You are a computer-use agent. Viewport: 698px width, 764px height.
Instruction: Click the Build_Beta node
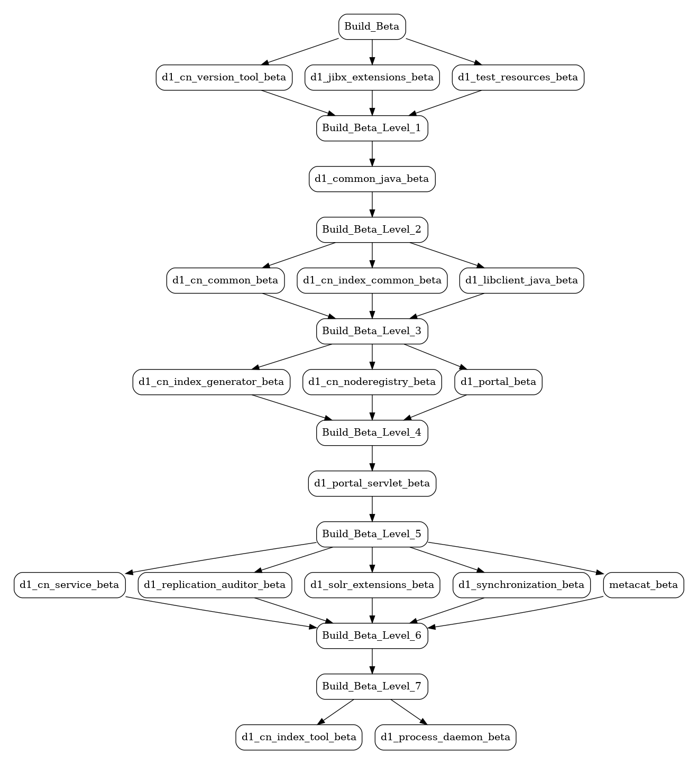tap(372, 26)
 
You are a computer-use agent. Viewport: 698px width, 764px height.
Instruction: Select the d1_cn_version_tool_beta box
tap(224, 77)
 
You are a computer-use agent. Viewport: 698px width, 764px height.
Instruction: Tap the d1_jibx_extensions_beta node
tap(372, 77)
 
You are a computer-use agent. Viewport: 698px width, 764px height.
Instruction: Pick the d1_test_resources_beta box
tap(518, 77)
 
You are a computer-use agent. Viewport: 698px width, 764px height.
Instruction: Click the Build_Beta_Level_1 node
tap(372, 128)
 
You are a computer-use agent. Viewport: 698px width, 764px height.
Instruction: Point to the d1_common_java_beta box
tap(372, 179)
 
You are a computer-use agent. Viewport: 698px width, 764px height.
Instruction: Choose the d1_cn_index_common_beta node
tap(372, 281)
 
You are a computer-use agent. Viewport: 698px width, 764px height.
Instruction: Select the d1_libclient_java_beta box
tap(521, 281)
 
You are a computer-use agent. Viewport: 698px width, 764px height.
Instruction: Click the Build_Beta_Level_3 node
tap(372, 332)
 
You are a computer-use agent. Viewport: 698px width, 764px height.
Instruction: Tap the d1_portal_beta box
tap(498, 382)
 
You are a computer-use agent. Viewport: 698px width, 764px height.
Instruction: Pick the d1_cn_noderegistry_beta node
tap(372, 382)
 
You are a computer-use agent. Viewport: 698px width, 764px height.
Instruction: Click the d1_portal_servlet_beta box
tap(372, 484)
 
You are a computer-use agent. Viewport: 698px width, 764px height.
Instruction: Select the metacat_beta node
tap(643, 585)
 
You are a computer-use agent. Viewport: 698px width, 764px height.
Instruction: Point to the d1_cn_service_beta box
tap(70, 585)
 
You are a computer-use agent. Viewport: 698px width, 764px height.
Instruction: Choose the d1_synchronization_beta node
tap(521, 585)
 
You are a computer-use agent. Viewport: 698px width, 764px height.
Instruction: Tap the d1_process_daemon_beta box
tap(445, 738)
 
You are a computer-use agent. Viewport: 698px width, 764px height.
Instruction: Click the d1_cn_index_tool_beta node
tap(299, 738)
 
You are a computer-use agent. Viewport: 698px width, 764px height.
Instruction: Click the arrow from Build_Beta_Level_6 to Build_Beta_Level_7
tap(372, 661)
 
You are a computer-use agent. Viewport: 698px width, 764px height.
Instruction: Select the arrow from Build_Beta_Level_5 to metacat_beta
tap(516, 556)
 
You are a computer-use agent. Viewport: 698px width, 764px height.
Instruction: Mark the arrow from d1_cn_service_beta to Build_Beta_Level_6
tap(221, 612)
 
